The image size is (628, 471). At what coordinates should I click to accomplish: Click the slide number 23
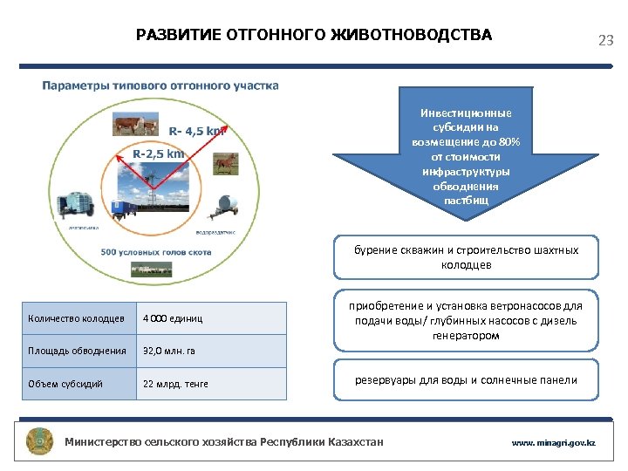(605, 40)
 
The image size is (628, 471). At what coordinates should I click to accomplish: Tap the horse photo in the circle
(224, 163)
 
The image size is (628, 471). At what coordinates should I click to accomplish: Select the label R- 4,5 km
(197, 131)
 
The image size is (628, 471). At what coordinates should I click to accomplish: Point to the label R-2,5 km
(158, 154)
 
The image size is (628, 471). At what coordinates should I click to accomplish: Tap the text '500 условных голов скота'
(155, 253)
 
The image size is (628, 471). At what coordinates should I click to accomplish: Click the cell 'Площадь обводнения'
(78, 351)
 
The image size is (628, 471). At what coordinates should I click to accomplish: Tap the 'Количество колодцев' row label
(78, 318)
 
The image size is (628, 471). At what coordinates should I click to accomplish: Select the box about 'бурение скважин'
(466, 257)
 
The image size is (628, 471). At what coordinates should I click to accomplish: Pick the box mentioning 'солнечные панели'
(466, 379)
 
